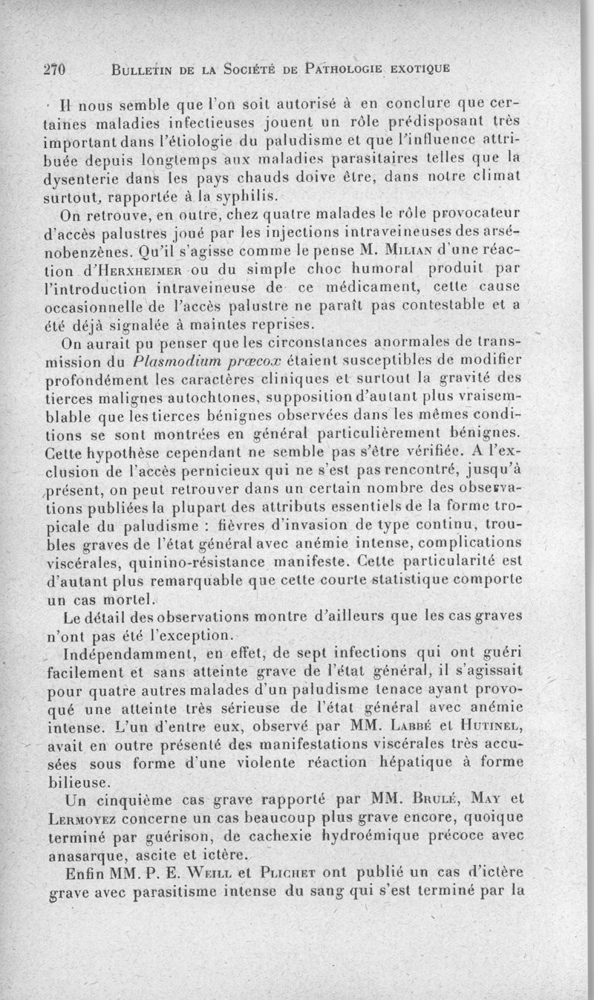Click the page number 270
tap(55, 70)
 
